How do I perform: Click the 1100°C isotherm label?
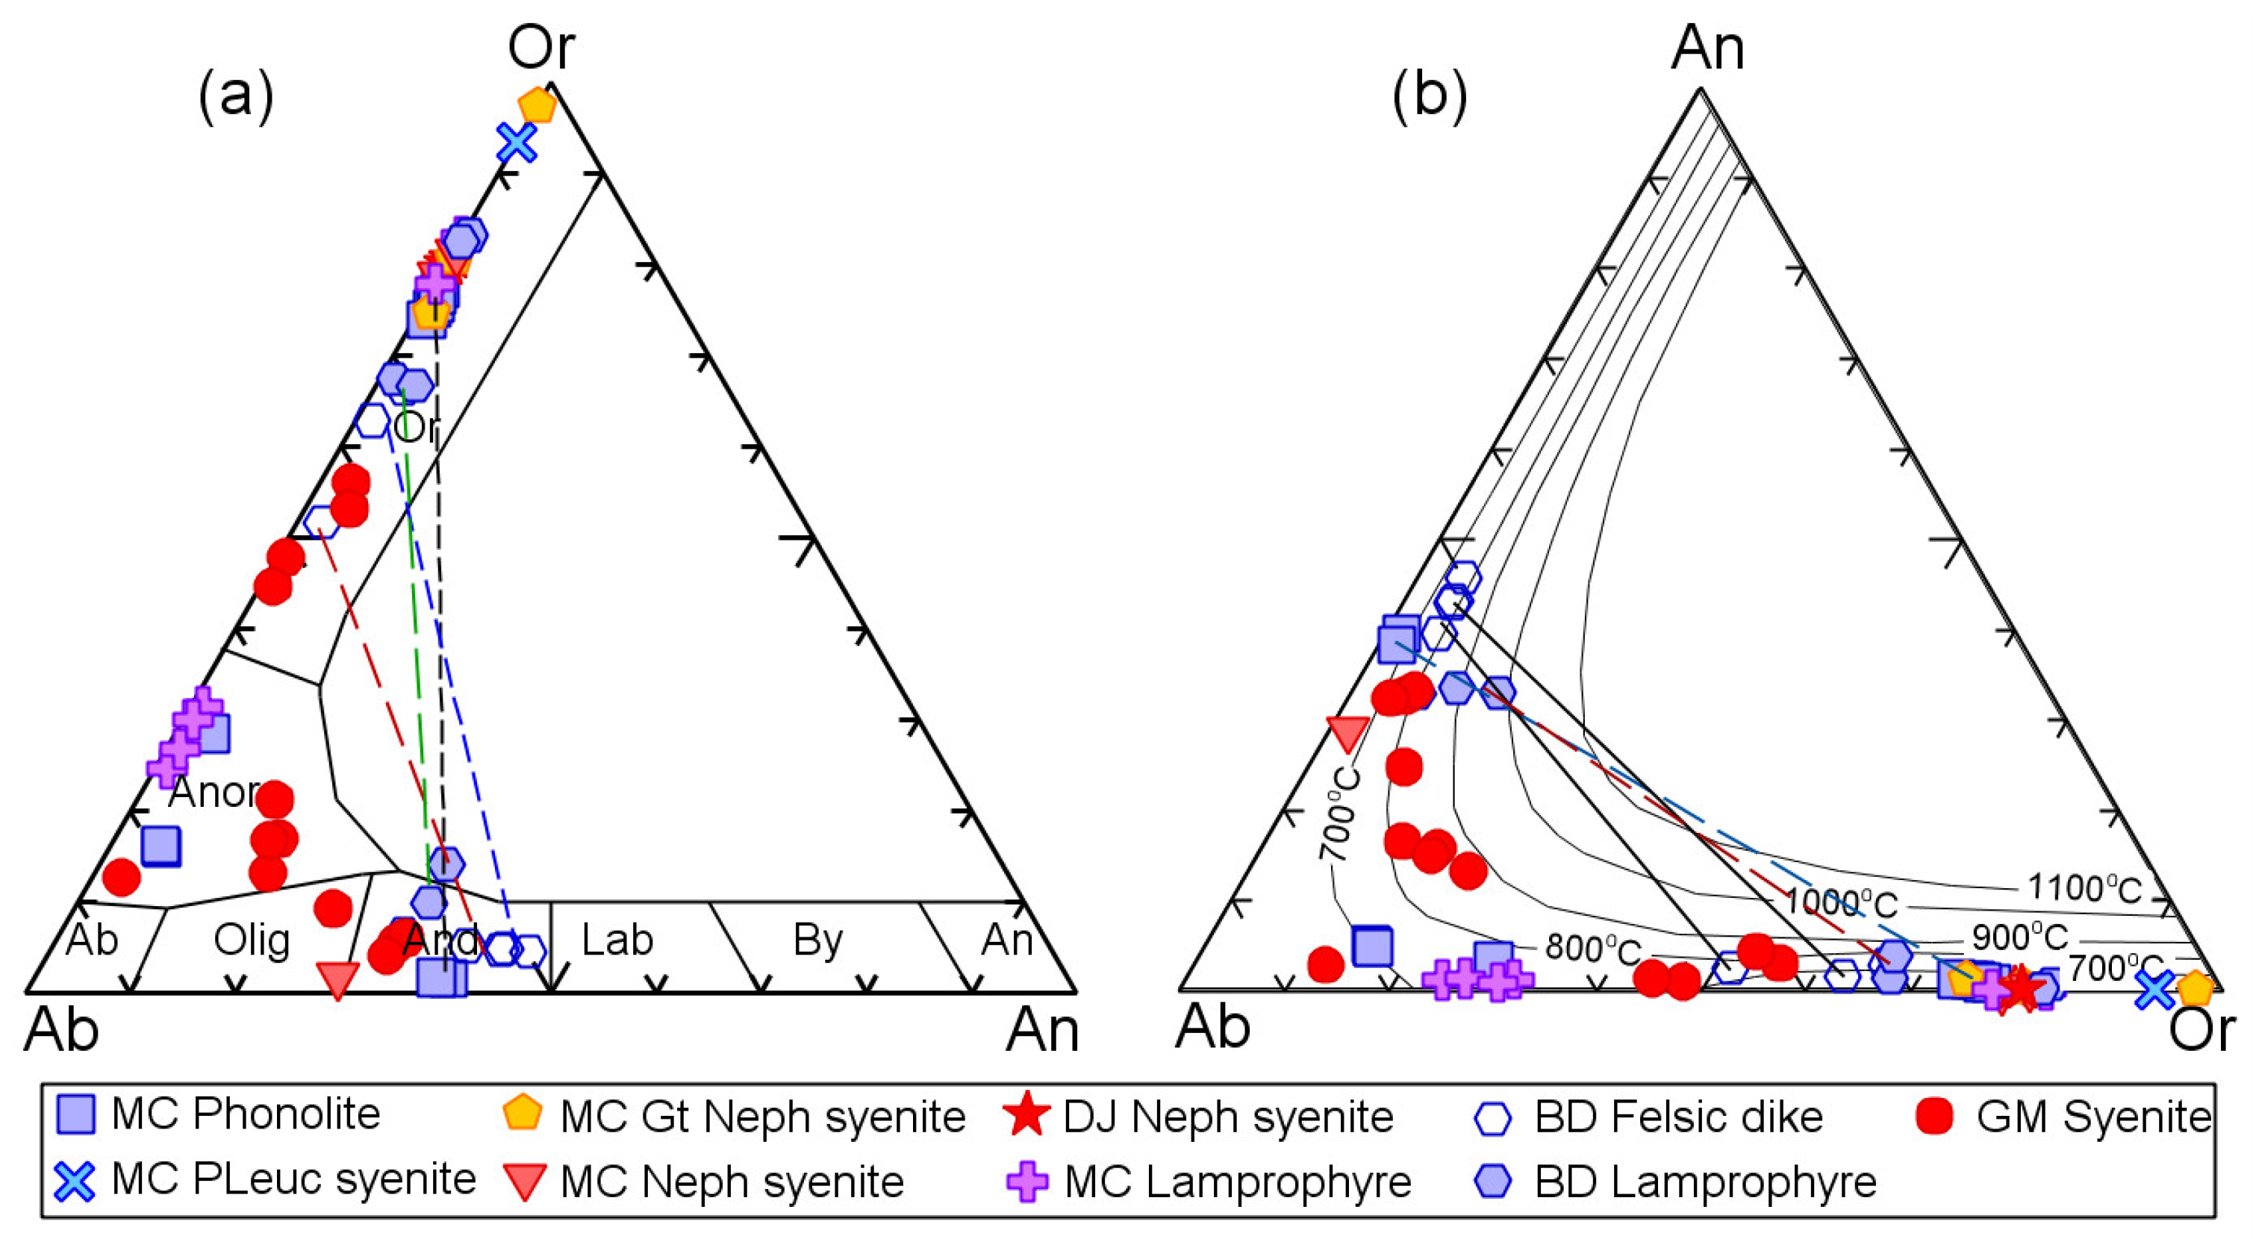click(2084, 888)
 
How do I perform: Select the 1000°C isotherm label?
click(1841, 902)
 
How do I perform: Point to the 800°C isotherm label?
click(1592, 948)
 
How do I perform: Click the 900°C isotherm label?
click(2019, 937)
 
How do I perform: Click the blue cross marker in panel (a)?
click(516, 142)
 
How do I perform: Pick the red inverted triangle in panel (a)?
click(337, 979)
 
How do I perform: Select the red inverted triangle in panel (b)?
click(1347, 733)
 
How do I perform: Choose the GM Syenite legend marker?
click(1935, 1117)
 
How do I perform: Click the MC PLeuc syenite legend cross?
click(76, 1182)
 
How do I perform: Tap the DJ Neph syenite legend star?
click(1026, 1117)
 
